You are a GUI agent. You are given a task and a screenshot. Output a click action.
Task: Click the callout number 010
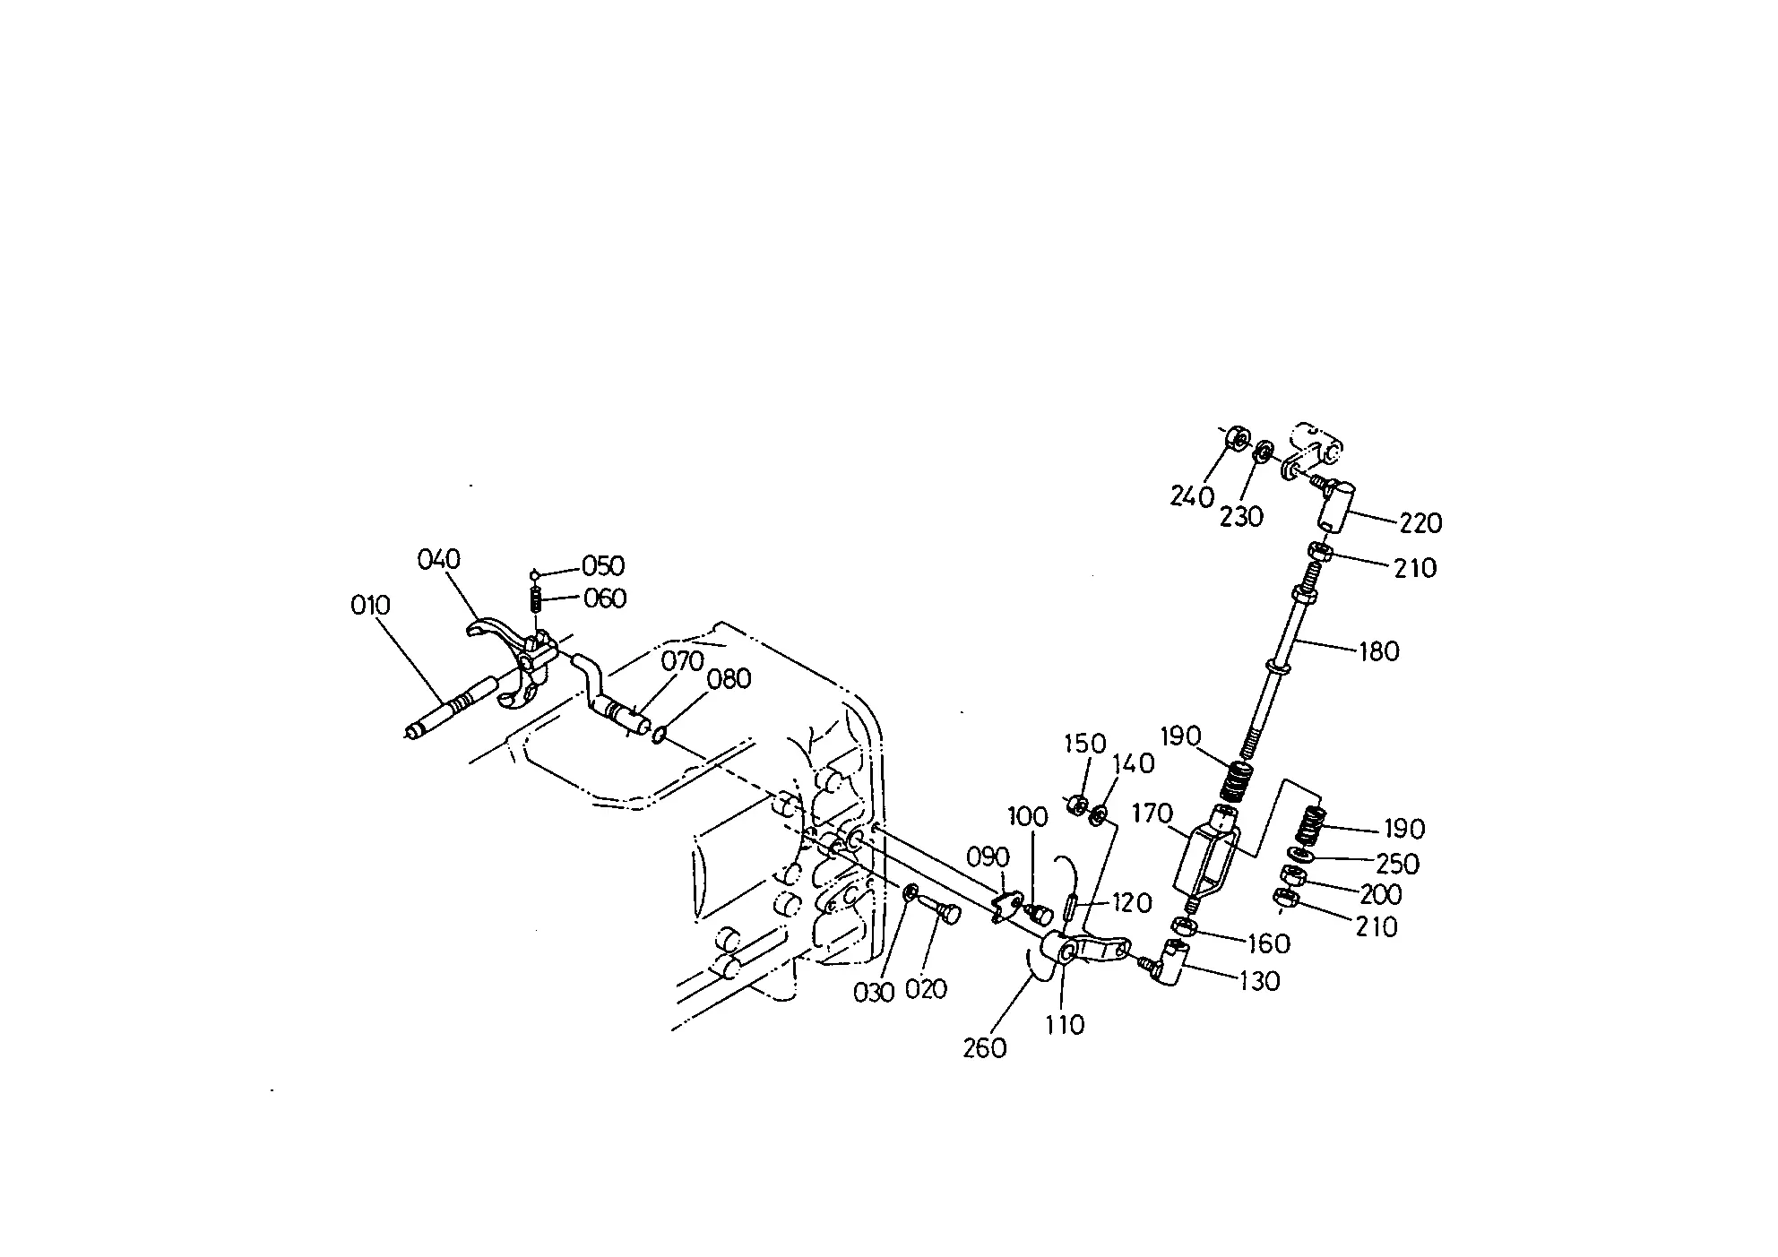pos(371,606)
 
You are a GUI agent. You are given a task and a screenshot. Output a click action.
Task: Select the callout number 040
pos(439,560)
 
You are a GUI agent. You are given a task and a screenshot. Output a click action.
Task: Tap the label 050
pos(603,566)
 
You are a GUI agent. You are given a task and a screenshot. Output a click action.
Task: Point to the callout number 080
pos(729,679)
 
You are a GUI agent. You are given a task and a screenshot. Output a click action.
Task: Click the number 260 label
pos(985,1047)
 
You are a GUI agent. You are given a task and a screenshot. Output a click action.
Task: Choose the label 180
pos(1379,651)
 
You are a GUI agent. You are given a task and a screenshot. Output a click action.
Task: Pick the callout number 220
pos(1421,522)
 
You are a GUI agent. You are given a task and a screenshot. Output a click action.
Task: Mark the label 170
pos(1152,814)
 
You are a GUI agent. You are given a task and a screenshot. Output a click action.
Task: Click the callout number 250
pos(1398,864)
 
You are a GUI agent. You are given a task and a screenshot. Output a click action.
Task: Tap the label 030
pos(875,993)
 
